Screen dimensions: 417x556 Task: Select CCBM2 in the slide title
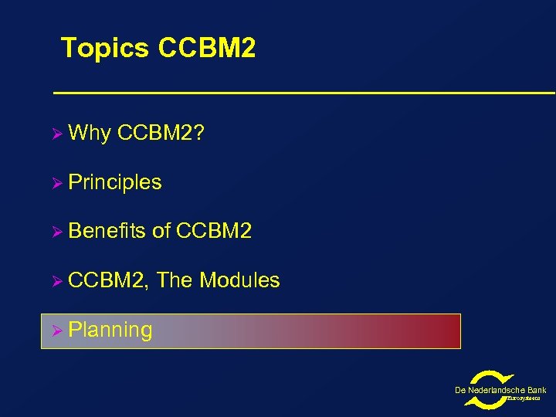[x=206, y=48]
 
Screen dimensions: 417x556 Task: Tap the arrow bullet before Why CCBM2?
[x=56, y=134]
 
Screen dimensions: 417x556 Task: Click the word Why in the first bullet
[x=90, y=134]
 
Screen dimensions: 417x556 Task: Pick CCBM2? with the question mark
[x=161, y=133]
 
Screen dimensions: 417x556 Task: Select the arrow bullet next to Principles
[x=56, y=183]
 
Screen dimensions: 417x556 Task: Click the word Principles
[x=115, y=182]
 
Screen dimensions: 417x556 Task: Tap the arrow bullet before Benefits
[x=56, y=232]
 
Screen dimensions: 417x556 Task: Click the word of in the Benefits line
[x=161, y=231]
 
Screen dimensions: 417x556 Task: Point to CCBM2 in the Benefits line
[x=214, y=231]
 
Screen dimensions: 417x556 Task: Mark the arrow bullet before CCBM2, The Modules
[x=56, y=281]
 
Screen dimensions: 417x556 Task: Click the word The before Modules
[x=175, y=280]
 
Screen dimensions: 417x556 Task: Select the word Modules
[x=239, y=280]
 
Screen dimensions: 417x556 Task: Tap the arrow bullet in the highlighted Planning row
[x=56, y=331]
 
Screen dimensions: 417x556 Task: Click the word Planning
[x=110, y=331]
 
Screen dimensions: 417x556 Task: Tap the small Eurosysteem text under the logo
[x=523, y=398]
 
